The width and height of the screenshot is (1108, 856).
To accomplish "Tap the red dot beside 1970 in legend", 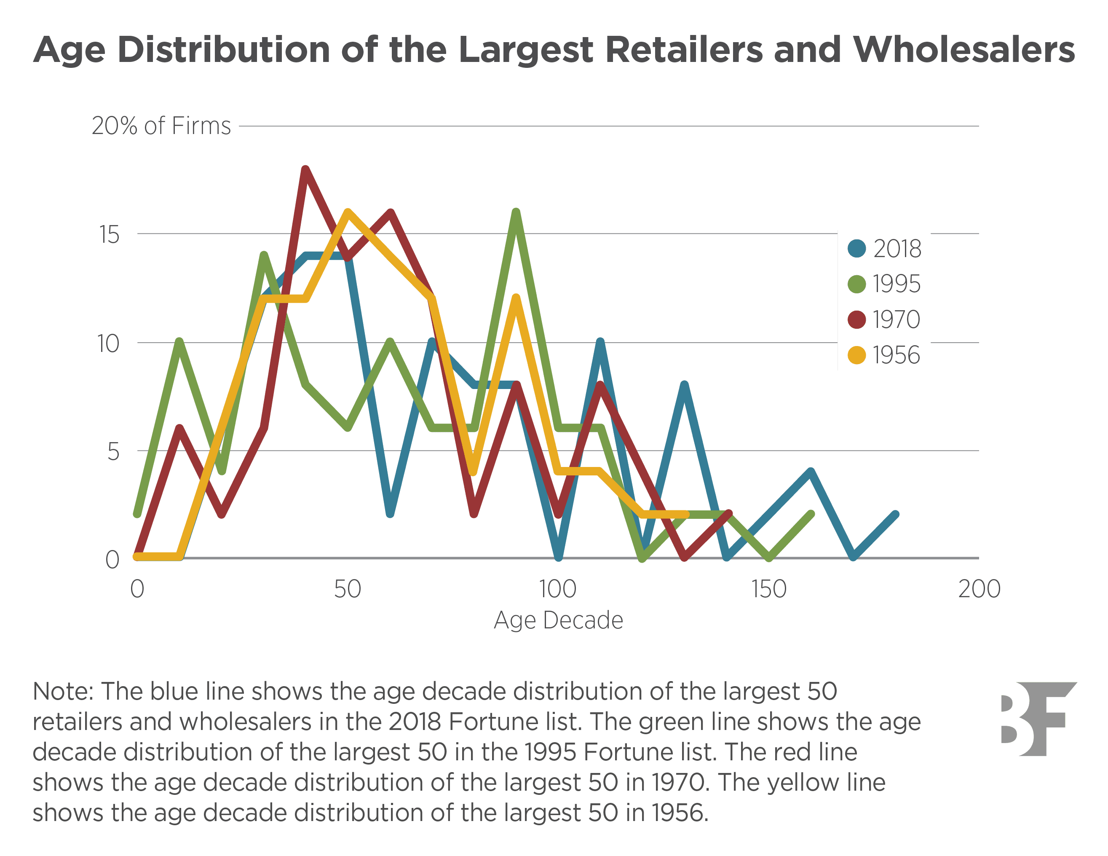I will pos(857,319).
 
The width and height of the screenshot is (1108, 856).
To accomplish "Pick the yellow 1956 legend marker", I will pos(857,355).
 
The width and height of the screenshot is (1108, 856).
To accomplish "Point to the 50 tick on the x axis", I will pos(348,589).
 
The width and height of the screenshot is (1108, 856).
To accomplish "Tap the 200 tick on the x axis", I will pos(979,589).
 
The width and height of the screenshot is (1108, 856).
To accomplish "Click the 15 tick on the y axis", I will pos(109,234).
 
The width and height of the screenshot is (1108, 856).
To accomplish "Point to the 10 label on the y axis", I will pos(108,343).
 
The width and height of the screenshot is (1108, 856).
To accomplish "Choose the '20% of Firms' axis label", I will pos(161,126).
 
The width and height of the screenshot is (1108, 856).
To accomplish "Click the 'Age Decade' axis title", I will pos(558,620).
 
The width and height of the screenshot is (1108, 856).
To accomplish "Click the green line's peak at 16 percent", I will pos(516,212).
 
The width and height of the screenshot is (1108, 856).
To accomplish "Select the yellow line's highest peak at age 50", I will pos(348,212).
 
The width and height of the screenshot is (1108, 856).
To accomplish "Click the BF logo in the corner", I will pos(1038,719).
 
